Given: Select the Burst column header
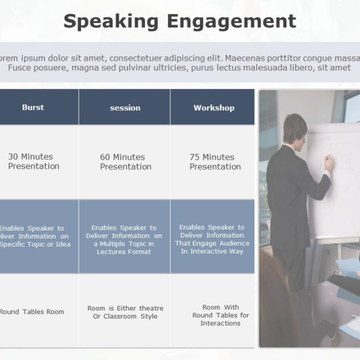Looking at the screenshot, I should [x=33, y=107].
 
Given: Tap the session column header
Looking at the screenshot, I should [x=125, y=107].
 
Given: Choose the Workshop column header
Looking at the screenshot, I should [x=214, y=107].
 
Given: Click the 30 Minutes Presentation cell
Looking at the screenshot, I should [x=34, y=161].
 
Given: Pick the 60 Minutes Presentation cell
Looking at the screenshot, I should [x=125, y=162].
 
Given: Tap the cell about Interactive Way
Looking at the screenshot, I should [x=212, y=239].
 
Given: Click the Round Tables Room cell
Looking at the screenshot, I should [x=31, y=312].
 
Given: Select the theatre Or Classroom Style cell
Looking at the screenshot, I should [x=125, y=312].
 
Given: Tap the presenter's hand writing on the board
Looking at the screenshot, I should [x=329, y=163].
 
